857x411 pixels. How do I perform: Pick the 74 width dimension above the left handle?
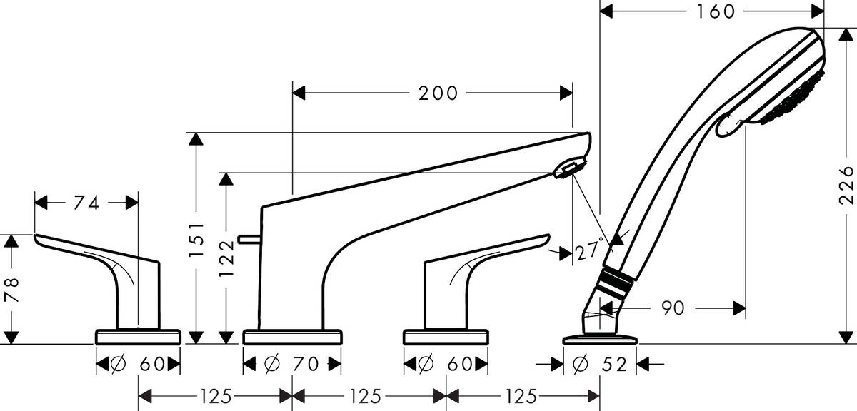click(x=87, y=203)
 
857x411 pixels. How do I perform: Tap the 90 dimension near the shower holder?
click(x=672, y=308)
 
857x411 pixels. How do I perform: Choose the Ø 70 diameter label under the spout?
click(x=291, y=365)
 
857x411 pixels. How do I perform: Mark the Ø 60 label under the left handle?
click(x=138, y=365)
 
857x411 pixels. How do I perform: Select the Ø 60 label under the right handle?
click(x=446, y=365)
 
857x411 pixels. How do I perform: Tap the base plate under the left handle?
click(x=138, y=336)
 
